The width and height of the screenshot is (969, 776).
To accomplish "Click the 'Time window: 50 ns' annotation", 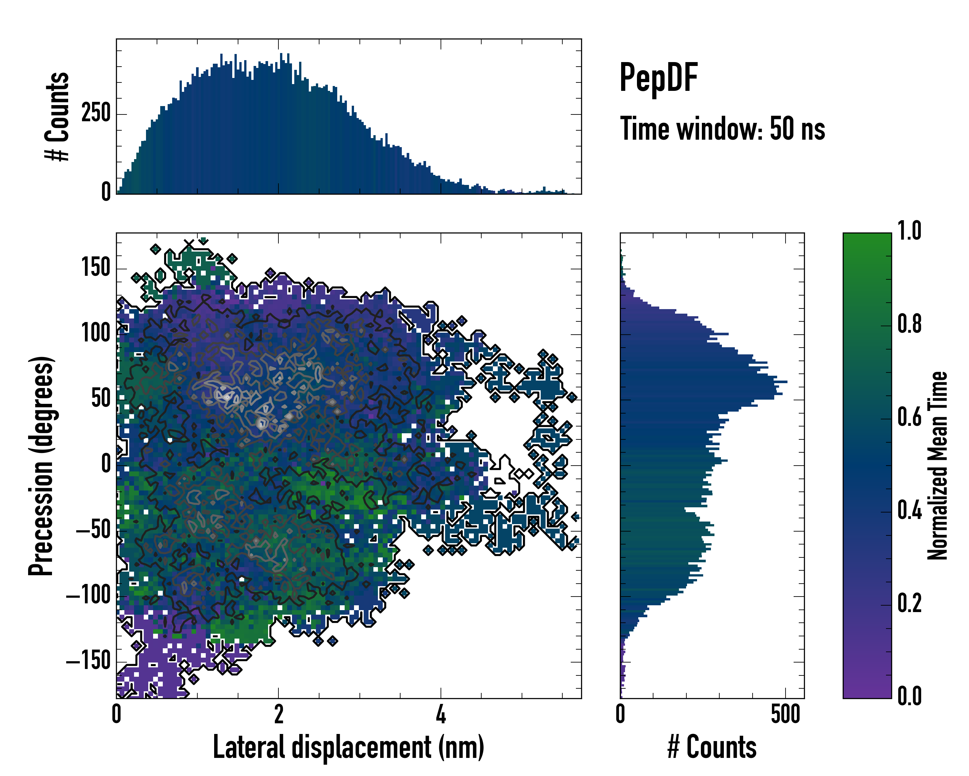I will point(722,129).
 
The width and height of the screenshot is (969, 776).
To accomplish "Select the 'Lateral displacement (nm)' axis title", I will point(348,747).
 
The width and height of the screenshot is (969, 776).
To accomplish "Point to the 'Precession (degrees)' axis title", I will point(41,466).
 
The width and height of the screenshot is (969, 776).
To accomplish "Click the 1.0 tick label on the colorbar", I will point(909,231).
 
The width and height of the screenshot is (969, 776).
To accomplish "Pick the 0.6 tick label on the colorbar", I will point(909,417).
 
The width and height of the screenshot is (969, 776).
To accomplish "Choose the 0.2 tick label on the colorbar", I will point(909,603).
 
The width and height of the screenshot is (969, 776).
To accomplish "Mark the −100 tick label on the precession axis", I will point(89,596).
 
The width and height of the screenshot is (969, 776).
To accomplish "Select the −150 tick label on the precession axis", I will point(89,661).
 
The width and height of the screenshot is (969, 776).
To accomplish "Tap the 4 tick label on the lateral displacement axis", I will point(441,714).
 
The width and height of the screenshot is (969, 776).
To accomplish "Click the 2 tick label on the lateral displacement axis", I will point(279,714).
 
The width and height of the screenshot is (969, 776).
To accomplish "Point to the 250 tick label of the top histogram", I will point(96,113).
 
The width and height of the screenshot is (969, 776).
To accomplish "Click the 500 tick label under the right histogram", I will point(786,714).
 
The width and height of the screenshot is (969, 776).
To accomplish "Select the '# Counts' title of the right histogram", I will point(712,747).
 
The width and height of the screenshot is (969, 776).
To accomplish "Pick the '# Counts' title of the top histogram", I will point(57,116).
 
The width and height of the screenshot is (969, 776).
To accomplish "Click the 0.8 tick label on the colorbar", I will point(909,324).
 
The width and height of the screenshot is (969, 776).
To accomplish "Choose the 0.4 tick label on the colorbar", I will point(909,511).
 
